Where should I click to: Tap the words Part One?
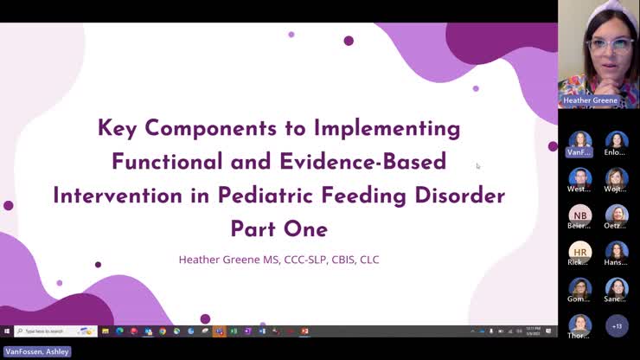pyautogui.click(x=278, y=229)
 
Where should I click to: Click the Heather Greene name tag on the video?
pyautogui.click(x=591, y=100)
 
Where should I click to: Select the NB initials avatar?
pyautogui.click(x=580, y=214)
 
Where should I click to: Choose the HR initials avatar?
pyautogui.click(x=580, y=250)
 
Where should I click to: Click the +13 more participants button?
pyautogui.click(x=617, y=325)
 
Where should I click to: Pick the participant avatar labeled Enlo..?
pyautogui.click(x=616, y=140)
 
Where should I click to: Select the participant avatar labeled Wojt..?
pyautogui.click(x=616, y=177)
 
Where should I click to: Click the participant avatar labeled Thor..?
pyautogui.click(x=579, y=325)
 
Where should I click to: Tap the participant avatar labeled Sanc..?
pyautogui.click(x=616, y=287)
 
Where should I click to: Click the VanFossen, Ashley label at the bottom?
pyautogui.click(x=37, y=352)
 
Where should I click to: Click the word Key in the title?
pyautogui.click(x=118, y=128)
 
